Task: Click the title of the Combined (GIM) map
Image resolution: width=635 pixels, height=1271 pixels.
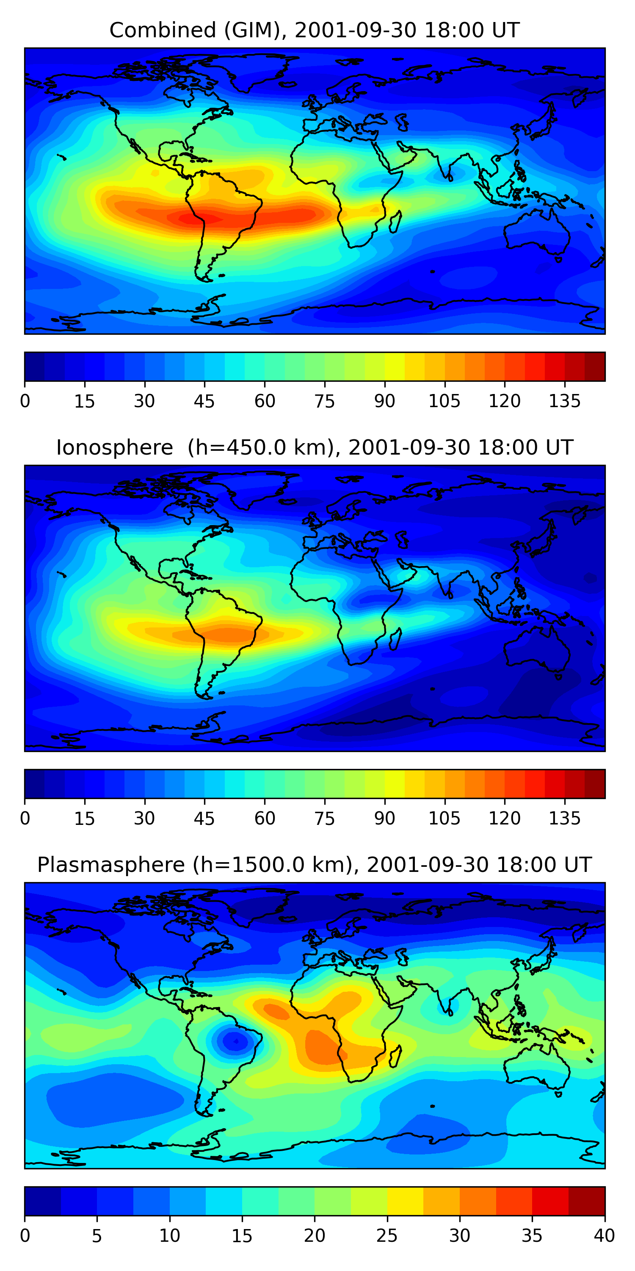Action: [314, 30]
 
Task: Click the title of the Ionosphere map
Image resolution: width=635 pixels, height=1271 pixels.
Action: [314, 447]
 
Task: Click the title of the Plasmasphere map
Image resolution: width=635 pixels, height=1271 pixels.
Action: [314, 865]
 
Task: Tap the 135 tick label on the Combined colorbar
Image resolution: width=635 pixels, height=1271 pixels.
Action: [564, 401]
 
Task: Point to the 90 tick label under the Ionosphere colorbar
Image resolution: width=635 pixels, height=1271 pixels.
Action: [384, 819]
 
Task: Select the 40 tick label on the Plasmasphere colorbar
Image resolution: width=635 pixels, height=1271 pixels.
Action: [604, 1236]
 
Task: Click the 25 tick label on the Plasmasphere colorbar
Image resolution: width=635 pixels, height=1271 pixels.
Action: [387, 1236]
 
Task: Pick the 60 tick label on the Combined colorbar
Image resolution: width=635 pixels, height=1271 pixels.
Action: [264, 401]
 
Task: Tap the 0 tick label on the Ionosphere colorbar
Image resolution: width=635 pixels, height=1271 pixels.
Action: [25, 819]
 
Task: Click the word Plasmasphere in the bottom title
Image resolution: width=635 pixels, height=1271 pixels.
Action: [111, 865]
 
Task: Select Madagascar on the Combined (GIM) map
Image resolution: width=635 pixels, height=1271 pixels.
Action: [395, 222]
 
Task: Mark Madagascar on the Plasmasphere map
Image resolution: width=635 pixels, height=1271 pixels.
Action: [395, 1057]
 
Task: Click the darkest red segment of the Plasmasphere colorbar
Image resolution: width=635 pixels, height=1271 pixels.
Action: [587, 1201]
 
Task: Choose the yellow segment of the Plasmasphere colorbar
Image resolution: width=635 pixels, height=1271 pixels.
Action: [405, 1201]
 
